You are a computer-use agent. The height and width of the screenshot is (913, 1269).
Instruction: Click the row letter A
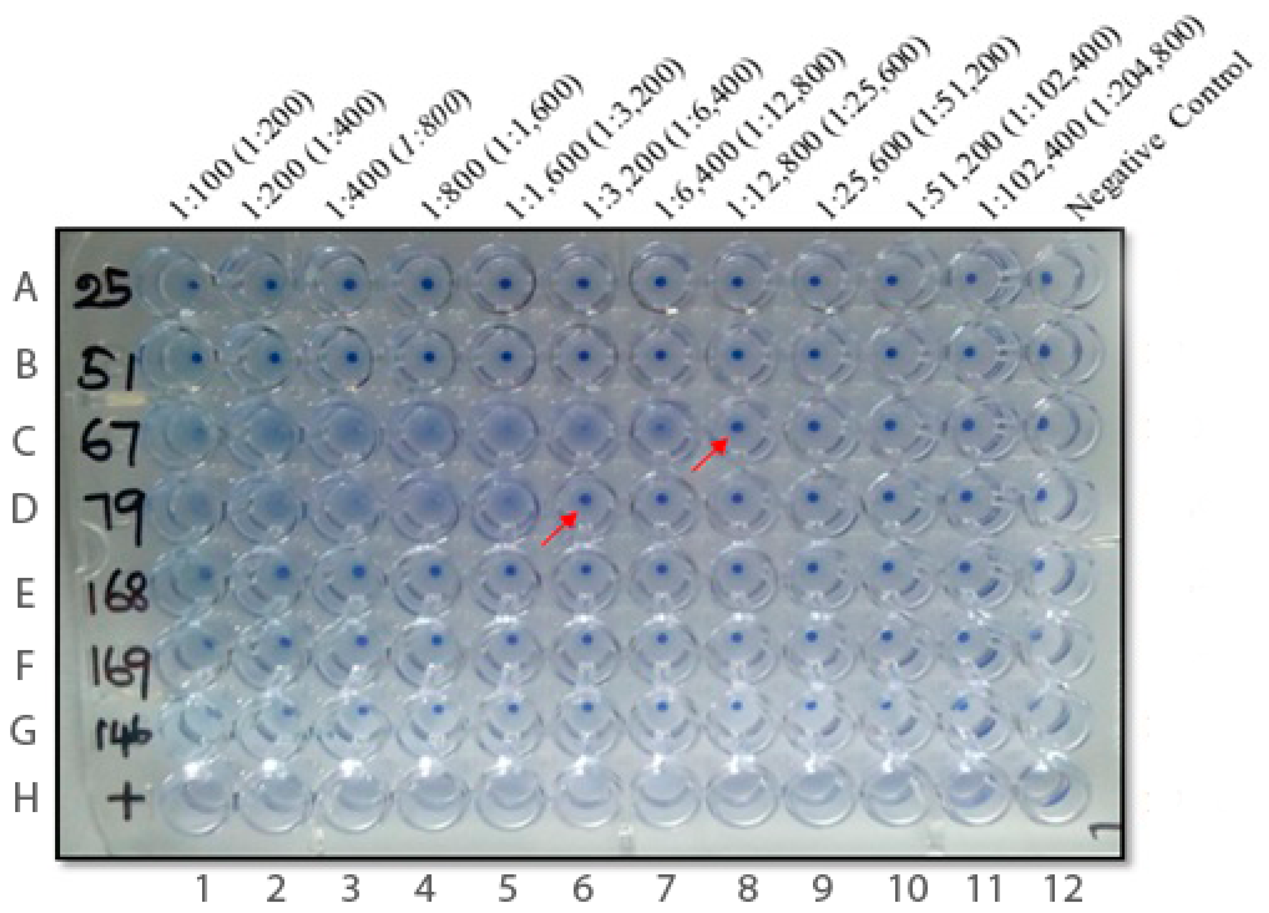pyautogui.click(x=25, y=287)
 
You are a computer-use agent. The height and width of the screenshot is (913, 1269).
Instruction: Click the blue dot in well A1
pyautogui.click(x=194, y=285)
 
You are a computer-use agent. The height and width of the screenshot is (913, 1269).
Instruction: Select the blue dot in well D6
pyautogui.click(x=585, y=498)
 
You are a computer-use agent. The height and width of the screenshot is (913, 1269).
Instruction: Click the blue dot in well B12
pyautogui.click(x=1044, y=352)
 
